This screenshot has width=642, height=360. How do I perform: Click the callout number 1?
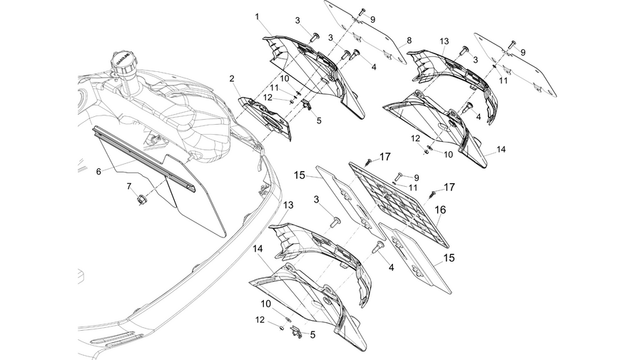pyautogui.click(x=257, y=17)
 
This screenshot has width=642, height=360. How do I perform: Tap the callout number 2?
pyautogui.click(x=232, y=78)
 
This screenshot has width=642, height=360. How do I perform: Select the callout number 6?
pyautogui.click(x=98, y=172)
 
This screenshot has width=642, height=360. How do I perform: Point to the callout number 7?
pyautogui.click(x=129, y=187)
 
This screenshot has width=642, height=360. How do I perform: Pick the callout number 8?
pyautogui.click(x=409, y=41)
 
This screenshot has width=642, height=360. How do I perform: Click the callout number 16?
pyautogui.click(x=440, y=210)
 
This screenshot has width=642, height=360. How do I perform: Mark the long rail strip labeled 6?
pyautogui.click(x=144, y=160)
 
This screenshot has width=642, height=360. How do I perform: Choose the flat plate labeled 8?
pyautogui.click(x=366, y=32)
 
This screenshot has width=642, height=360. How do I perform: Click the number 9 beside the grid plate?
pyautogui.click(x=417, y=178)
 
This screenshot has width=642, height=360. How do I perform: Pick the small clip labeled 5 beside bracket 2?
pyautogui.click(x=307, y=105)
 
